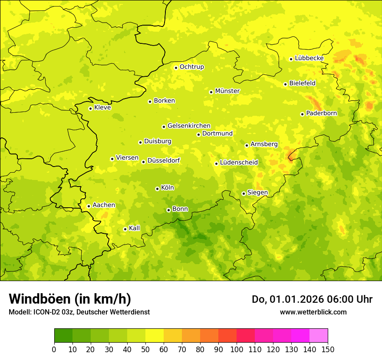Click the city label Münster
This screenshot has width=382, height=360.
tap(227, 91)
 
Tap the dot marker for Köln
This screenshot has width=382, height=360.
tap(157, 189)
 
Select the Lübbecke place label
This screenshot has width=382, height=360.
tap(309, 58)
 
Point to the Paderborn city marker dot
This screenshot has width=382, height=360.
tap(302, 114)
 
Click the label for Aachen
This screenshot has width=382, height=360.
tap(104, 205)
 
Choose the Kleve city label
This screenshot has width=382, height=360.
tap(102, 108)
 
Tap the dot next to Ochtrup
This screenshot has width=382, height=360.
tap(176, 67)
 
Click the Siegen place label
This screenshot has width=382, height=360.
tap(257, 193)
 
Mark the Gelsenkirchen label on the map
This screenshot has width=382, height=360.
tap(189, 126)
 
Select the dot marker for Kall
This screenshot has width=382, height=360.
tap(125, 229)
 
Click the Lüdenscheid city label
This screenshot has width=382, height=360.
tap(239, 163)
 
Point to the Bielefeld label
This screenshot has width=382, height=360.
tap(302, 83)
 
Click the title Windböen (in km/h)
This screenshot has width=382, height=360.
tap(70, 299)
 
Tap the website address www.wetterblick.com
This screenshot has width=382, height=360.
tap(313, 312)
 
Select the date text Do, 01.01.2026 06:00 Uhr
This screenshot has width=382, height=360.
tap(312, 299)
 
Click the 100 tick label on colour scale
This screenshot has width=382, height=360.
tap(237, 349)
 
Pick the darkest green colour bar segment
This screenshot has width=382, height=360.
tap(63, 336)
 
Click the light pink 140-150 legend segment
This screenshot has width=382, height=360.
tap(319, 336)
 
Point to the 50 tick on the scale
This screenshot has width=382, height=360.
tap(145, 349)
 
